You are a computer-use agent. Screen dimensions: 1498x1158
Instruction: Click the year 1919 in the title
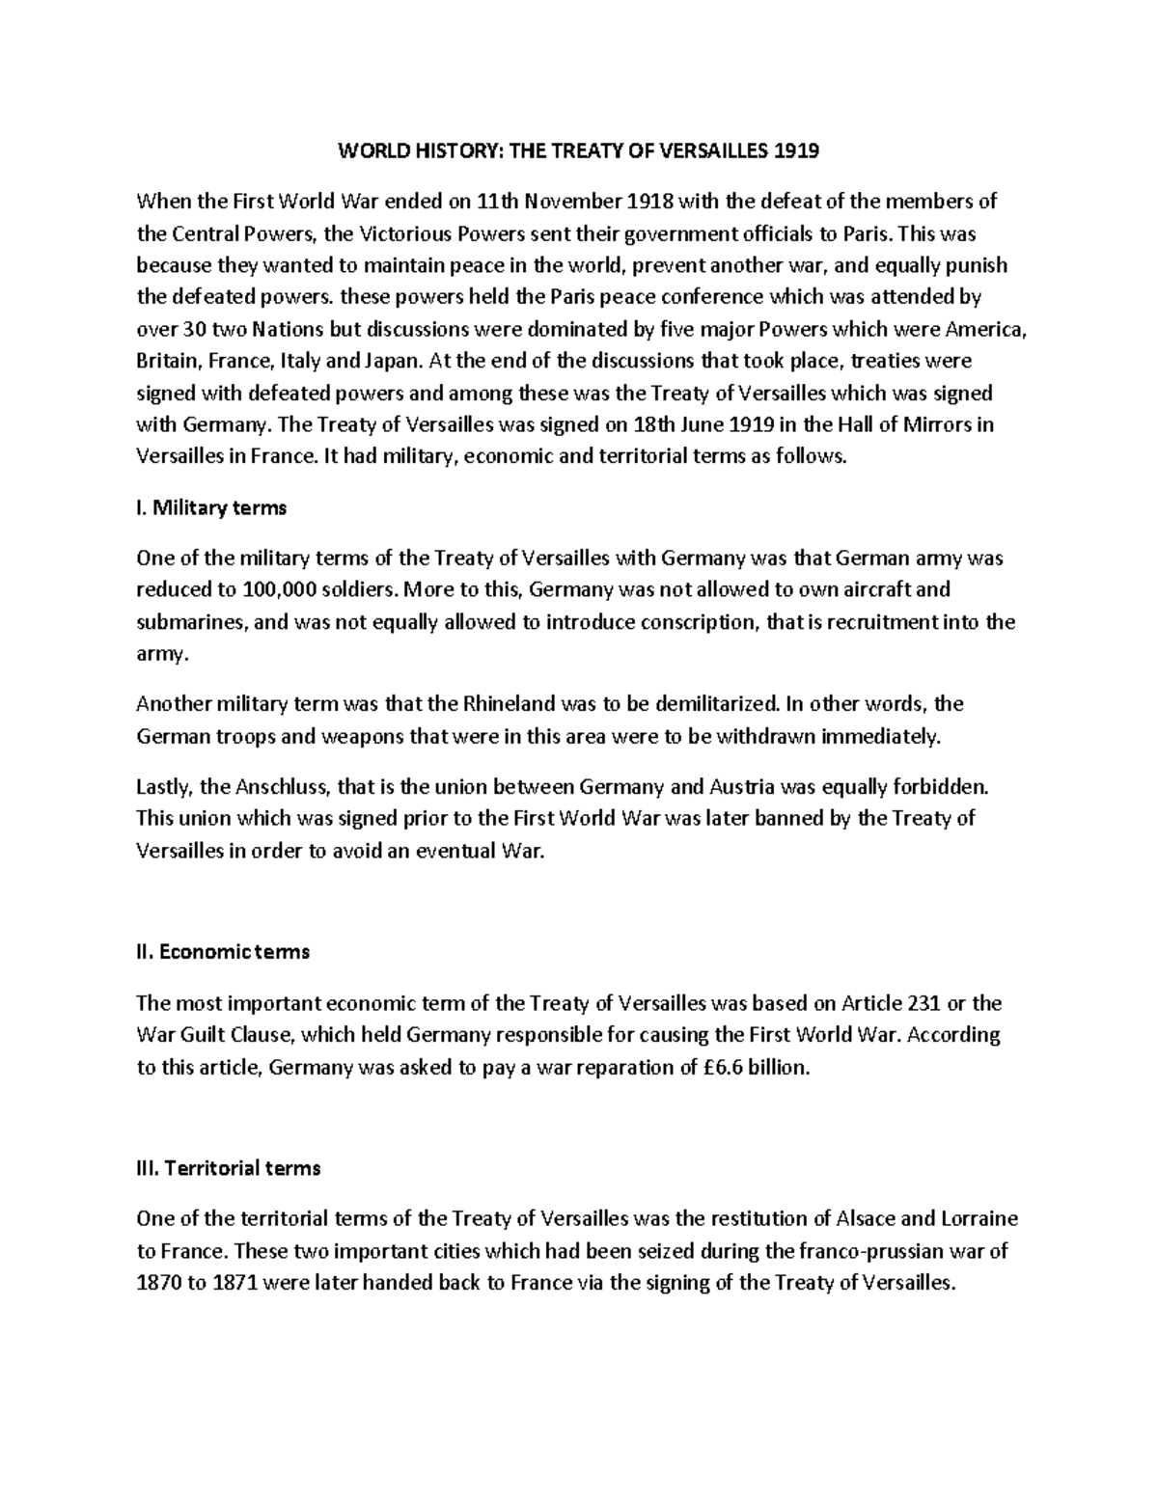(797, 151)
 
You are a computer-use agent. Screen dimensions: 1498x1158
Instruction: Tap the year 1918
(651, 202)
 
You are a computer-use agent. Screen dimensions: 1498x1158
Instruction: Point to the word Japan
(393, 361)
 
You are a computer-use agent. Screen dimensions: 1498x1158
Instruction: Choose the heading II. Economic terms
(223, 952)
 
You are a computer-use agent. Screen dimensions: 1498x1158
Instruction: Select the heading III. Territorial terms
(229, 1168)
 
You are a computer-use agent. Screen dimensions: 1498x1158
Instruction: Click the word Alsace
(870, 1219)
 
